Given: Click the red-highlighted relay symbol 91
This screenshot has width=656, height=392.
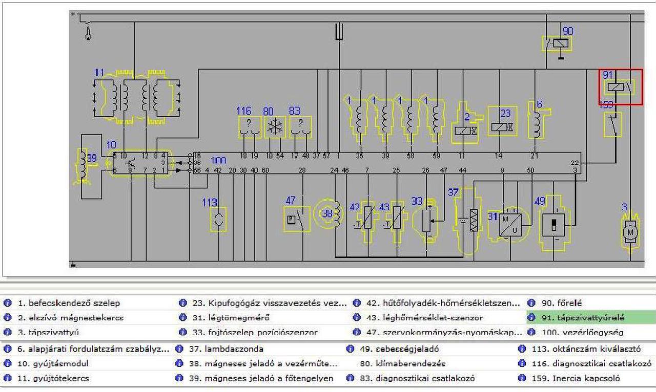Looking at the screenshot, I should (621, 87).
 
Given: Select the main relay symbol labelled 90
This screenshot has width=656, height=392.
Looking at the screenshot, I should (557, 43).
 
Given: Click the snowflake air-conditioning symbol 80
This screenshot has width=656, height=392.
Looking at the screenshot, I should (275, 127).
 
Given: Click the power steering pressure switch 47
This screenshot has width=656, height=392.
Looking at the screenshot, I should (297, 219).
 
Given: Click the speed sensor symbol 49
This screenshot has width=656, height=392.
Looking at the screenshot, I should (554, 223).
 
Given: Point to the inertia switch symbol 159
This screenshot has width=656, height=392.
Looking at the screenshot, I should (612, 124).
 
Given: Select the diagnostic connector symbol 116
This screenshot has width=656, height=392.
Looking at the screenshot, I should (250, 127).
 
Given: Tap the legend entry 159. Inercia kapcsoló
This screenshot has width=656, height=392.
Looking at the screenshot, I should (586, 379).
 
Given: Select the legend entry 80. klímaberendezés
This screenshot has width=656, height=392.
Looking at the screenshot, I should (402, 364).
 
